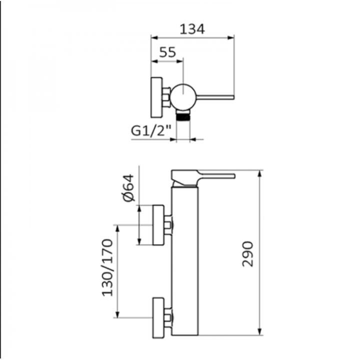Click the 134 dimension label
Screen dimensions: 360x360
[x=192, y=29]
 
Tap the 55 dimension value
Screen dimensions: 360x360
[x=167, y=52]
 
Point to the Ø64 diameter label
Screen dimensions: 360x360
[x=128, y=188]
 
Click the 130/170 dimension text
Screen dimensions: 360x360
[x=107, y=267]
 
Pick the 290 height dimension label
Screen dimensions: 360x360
[x=247, y=253]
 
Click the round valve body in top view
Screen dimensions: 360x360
[x=183, y=96]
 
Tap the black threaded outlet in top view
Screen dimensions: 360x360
[x=183, y=116]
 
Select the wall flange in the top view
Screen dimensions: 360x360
[x=157, y=97]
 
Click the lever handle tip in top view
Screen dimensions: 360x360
[x=233, y=97]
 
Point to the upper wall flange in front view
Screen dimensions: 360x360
[x=158, y=225]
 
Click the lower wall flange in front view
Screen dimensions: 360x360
[x=158, y=318]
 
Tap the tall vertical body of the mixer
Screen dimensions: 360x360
[x=185, y=261]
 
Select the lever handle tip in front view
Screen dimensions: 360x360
[x=233, y=176]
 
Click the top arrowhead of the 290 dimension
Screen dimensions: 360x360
[x=259, y=173]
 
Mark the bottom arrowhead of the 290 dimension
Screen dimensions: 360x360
[x=259, y=332]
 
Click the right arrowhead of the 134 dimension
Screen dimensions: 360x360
[x=230, y=38]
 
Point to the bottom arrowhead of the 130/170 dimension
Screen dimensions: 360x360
[x=117, y=314]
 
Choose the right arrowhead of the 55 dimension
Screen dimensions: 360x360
[x=180, y=61]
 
